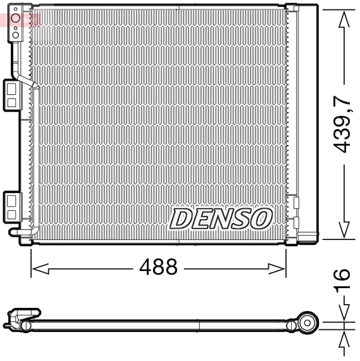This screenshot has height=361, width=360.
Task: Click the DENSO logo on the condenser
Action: pyautogui.click(x=220, y=218)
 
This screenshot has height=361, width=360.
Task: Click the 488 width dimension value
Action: pyautogui.click(x=158, y=267)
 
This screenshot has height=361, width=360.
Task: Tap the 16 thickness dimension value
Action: pyautogui.click(x=342, y=281)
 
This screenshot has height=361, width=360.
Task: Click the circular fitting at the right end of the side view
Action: pyautogui.click(x=307, y=322)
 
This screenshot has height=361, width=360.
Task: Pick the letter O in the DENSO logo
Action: pyautogui.click(x=261, y=218)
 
